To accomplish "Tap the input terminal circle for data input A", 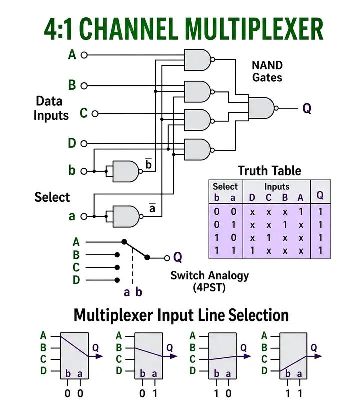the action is click(84, 55).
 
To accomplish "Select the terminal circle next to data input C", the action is click(95, 114).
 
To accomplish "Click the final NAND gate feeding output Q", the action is click(262, 108).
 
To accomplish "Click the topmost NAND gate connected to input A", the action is click(198, 60).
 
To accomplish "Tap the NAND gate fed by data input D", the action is click(198, 150).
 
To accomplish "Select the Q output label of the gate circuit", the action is click(307, 109).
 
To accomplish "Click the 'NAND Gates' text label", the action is click(267, 71).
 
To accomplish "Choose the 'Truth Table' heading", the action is click(269, 171).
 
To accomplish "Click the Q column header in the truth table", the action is click(320, 195).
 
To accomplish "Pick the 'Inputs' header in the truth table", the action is click(277, 186).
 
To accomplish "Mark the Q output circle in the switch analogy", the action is click(167, 258).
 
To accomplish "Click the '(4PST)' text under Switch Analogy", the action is click(209, 287).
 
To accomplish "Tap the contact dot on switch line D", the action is click(117, 280).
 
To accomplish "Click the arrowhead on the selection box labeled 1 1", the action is click(318, 356).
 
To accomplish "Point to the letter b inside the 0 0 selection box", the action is click(68, 373).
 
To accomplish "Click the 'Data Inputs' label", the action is click(51, 108).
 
